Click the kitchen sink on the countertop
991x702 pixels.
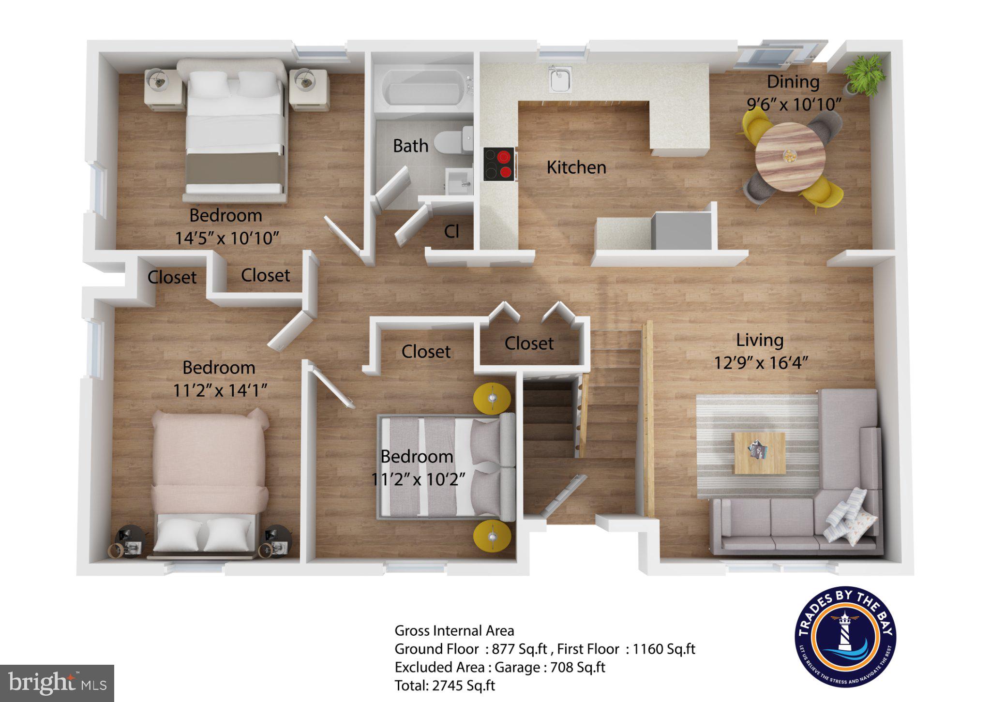point(560,79)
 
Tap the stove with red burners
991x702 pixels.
point(499,164)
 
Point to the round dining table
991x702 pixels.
point(790,156)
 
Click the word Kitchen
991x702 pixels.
point(576,167)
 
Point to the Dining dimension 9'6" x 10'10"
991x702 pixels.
point(794,104)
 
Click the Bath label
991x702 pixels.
point(410,146)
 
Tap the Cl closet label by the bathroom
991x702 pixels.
point(451,231)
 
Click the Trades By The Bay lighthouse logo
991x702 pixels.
point(845,636)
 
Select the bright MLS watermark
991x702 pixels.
point(57,683)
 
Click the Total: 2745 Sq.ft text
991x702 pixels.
point(445,685)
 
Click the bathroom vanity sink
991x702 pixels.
point(458,181)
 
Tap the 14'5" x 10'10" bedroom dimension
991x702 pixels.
point(227,238)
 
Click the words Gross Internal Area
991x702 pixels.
point(454,630)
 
